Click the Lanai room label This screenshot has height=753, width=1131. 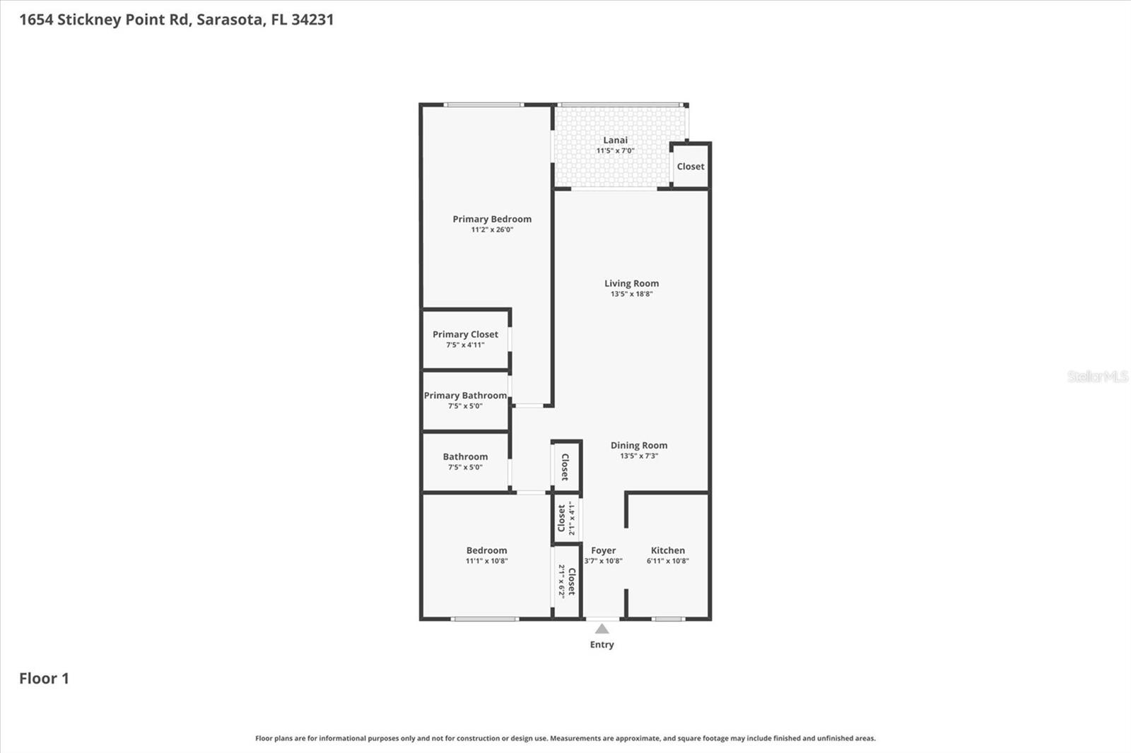point(615,140)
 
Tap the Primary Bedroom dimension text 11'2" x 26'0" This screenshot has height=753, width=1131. point(492,230)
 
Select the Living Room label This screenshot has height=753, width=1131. point(631,283)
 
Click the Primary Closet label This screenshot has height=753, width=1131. point(465,334)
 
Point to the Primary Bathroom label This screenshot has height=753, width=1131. point(465,396)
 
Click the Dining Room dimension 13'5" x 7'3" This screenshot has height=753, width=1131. point(639,456)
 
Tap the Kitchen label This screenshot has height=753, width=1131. point(667,550)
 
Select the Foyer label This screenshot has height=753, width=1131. point(603,550)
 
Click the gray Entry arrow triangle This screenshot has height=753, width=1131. point(602,629)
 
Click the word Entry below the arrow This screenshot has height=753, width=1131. point(602,644)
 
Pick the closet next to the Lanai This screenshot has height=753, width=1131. point(690,167)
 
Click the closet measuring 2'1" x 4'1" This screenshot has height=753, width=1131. point(566,518)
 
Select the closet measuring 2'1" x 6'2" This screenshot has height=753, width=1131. point(566,581)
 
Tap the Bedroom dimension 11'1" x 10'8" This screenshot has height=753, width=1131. point(486,561)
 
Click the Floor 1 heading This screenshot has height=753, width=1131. point(44,678)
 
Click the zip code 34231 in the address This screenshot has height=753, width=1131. point(312,19)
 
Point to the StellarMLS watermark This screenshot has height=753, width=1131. point(1097,376)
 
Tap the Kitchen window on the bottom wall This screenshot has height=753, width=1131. point(667,619)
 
